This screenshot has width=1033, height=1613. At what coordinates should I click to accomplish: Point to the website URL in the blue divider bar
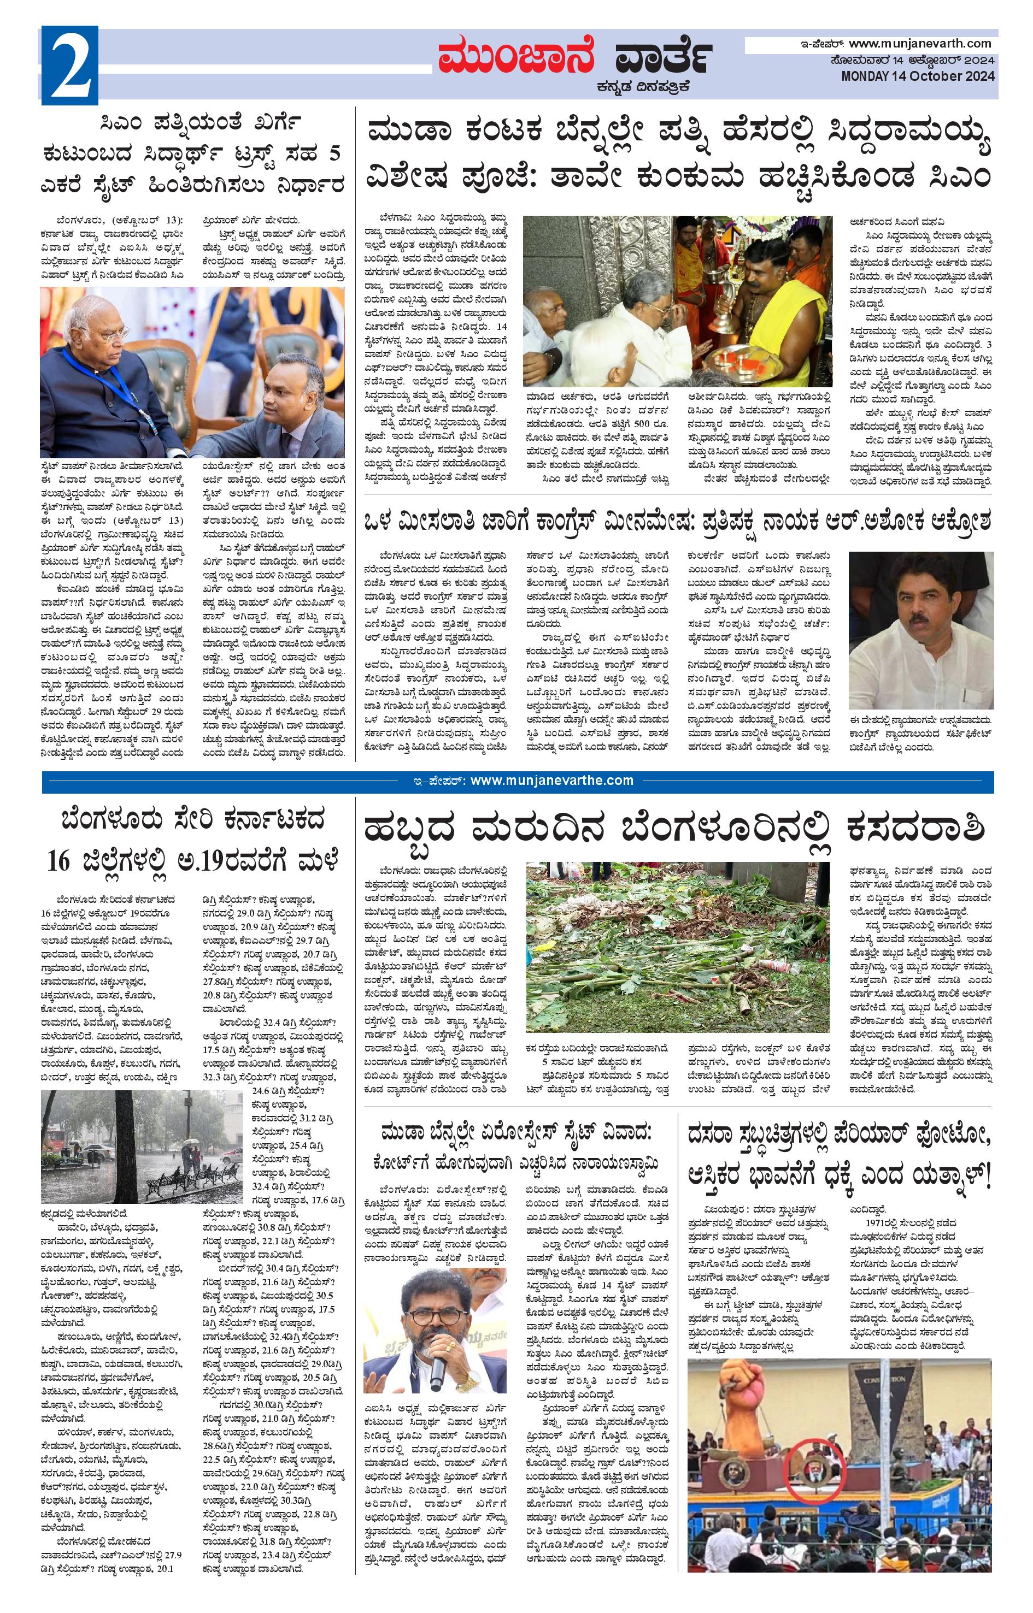(x=551, y=781)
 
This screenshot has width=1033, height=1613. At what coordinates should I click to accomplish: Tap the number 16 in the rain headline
(x=59, y=860)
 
